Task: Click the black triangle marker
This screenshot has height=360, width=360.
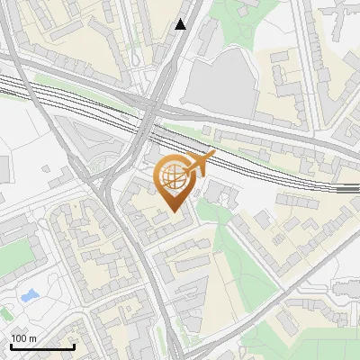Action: [181, 23]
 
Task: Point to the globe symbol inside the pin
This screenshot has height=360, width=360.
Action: [173, 177]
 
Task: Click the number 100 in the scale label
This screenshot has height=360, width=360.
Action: [19, 338]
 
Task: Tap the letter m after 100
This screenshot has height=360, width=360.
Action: [33, 338]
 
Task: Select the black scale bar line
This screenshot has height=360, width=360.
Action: [42, 347]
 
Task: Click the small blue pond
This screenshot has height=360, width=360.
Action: [29, 295]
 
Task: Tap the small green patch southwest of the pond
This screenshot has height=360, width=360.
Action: [5, 314]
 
